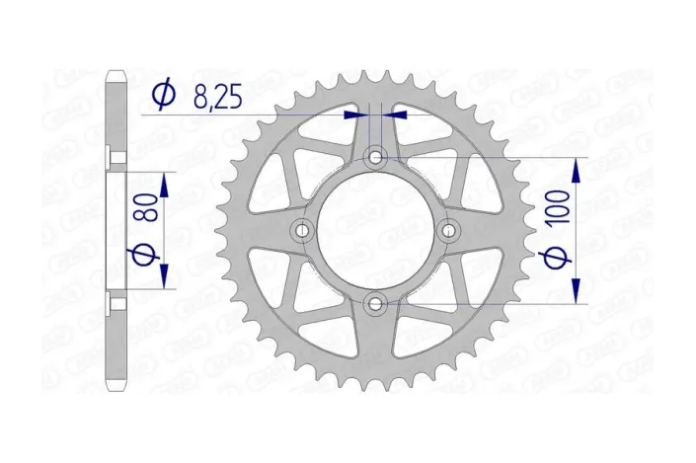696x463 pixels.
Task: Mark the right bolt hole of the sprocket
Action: pyautogui.click(x=450, y=230)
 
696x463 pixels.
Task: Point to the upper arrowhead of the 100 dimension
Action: pyautogui.click(x=577, y=166)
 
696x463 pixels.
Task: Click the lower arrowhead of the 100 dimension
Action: pyautogui.click(x=577, y=294)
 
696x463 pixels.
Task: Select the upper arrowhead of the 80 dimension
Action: pyautogui.click(x=165, y=181)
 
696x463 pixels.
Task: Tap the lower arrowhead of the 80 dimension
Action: pyautogui.click(x=165, y=279)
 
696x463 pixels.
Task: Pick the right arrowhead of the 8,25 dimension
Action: pyautogui.click(x=393, y=115)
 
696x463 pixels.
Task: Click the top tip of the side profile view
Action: pyautogui.click(x=116, y=72)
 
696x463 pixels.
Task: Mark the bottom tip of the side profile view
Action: pyautogui.click(x=116, y=389)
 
